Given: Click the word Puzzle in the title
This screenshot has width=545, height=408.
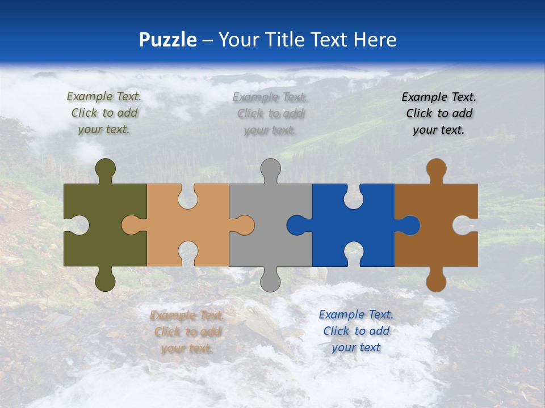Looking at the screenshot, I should pos(168,40).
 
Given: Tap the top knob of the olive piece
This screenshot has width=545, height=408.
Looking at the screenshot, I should pos(106,169).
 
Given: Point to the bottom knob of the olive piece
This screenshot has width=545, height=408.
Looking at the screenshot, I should pos(106,280).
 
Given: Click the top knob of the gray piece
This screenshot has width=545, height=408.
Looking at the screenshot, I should pos(270,169).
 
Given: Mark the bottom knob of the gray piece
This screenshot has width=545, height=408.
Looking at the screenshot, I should pos(270,280).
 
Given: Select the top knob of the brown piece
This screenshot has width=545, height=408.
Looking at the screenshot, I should pos(436,169).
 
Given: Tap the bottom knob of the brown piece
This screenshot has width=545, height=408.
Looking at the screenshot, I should pos(436,280).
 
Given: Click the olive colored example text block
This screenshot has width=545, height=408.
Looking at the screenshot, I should pos(104,113).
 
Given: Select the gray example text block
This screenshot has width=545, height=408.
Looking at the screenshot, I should pos(270,114).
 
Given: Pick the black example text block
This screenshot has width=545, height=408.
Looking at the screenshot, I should pos(439,113).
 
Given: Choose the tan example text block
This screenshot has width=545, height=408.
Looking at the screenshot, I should pos(187,332).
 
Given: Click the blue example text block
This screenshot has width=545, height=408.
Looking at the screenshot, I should pos(356,331).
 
